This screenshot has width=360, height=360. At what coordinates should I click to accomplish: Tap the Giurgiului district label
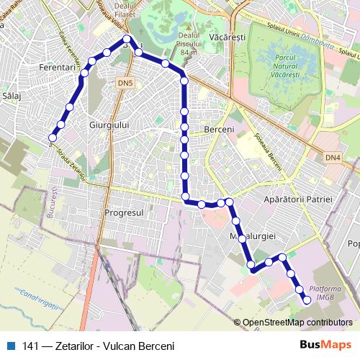(x=107, y=125)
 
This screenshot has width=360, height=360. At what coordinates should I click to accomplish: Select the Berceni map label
(x=220, y=129)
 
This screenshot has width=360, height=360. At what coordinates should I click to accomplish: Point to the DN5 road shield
(x=125, y=84)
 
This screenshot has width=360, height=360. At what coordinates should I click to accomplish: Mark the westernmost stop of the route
(x=53, y=137)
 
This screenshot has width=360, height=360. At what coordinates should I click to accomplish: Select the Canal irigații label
(x=39, y=297)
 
